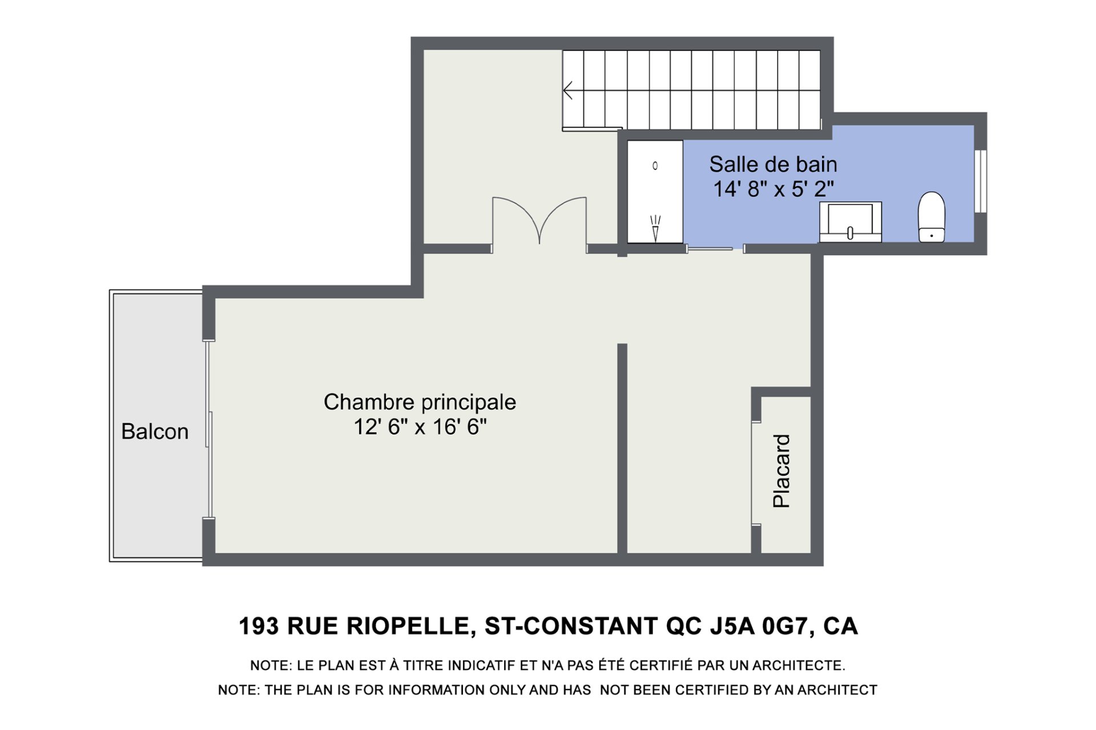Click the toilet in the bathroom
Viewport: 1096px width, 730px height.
931,217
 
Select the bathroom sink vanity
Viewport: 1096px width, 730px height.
851,222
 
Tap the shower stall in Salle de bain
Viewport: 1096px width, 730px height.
655,192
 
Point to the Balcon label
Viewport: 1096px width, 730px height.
155,432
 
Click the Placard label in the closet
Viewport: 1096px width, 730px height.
781,471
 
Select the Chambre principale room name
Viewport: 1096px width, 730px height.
420,403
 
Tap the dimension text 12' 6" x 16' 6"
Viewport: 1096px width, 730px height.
420,427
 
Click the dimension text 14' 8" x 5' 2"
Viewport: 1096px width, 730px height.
773,189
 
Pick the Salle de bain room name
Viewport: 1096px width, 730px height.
773,164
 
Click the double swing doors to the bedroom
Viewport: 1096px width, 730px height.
539,223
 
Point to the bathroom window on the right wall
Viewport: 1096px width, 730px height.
980,181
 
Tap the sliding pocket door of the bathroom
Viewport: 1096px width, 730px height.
710,249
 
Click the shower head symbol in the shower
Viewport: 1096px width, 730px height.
655,228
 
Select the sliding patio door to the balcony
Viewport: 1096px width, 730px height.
209,429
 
